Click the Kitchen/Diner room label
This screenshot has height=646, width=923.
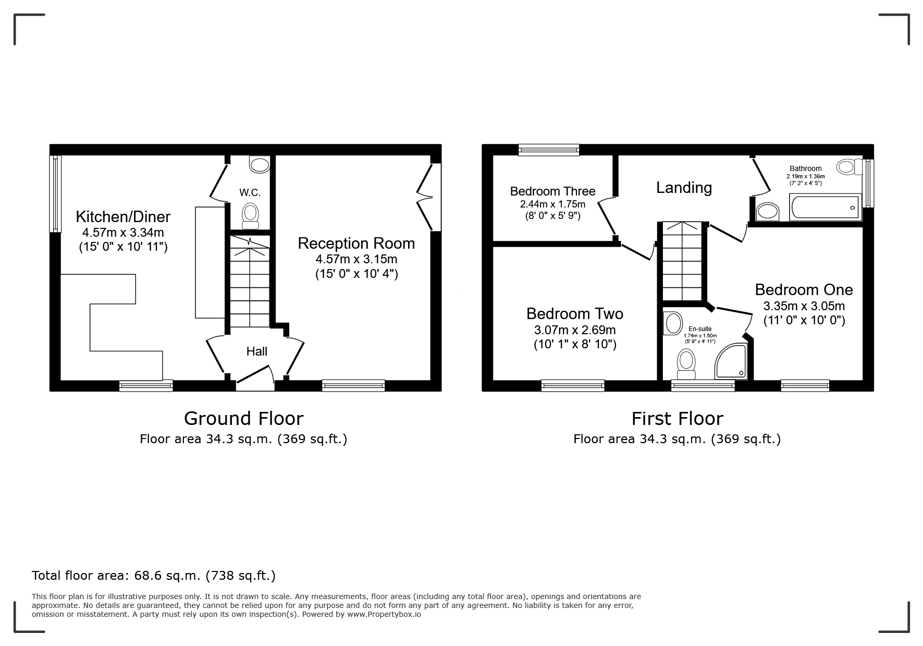[x=123, y=216]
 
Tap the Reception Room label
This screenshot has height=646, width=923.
[x=356, y=243]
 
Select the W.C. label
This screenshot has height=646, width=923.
[x=250, y=193]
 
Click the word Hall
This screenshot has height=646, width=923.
[x=257, y=351]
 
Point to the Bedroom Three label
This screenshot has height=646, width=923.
[x=552, y=191]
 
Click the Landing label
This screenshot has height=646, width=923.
[x=684, y=188]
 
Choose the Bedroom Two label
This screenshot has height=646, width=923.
[x=575, y=314]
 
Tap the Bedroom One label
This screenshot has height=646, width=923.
[x=804, y=290]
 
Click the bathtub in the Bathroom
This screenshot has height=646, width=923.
[x=826, y=207]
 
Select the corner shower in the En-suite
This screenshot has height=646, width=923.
[x=732, y=361]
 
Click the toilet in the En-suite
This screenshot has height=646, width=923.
[x=686, y=364]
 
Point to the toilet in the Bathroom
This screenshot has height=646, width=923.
[x=850, y=167]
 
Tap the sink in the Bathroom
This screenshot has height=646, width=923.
[x=767, y=212]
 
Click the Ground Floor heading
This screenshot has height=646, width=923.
[x=243, y=419]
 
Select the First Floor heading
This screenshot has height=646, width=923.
[x=678, y=419]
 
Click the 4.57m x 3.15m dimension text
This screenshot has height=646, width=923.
[x=356, y=259]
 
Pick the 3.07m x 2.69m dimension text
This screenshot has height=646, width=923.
[x=575, y=330]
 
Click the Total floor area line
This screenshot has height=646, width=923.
[x=154, y=576]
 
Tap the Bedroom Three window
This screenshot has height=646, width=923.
[x=549, y=150]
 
